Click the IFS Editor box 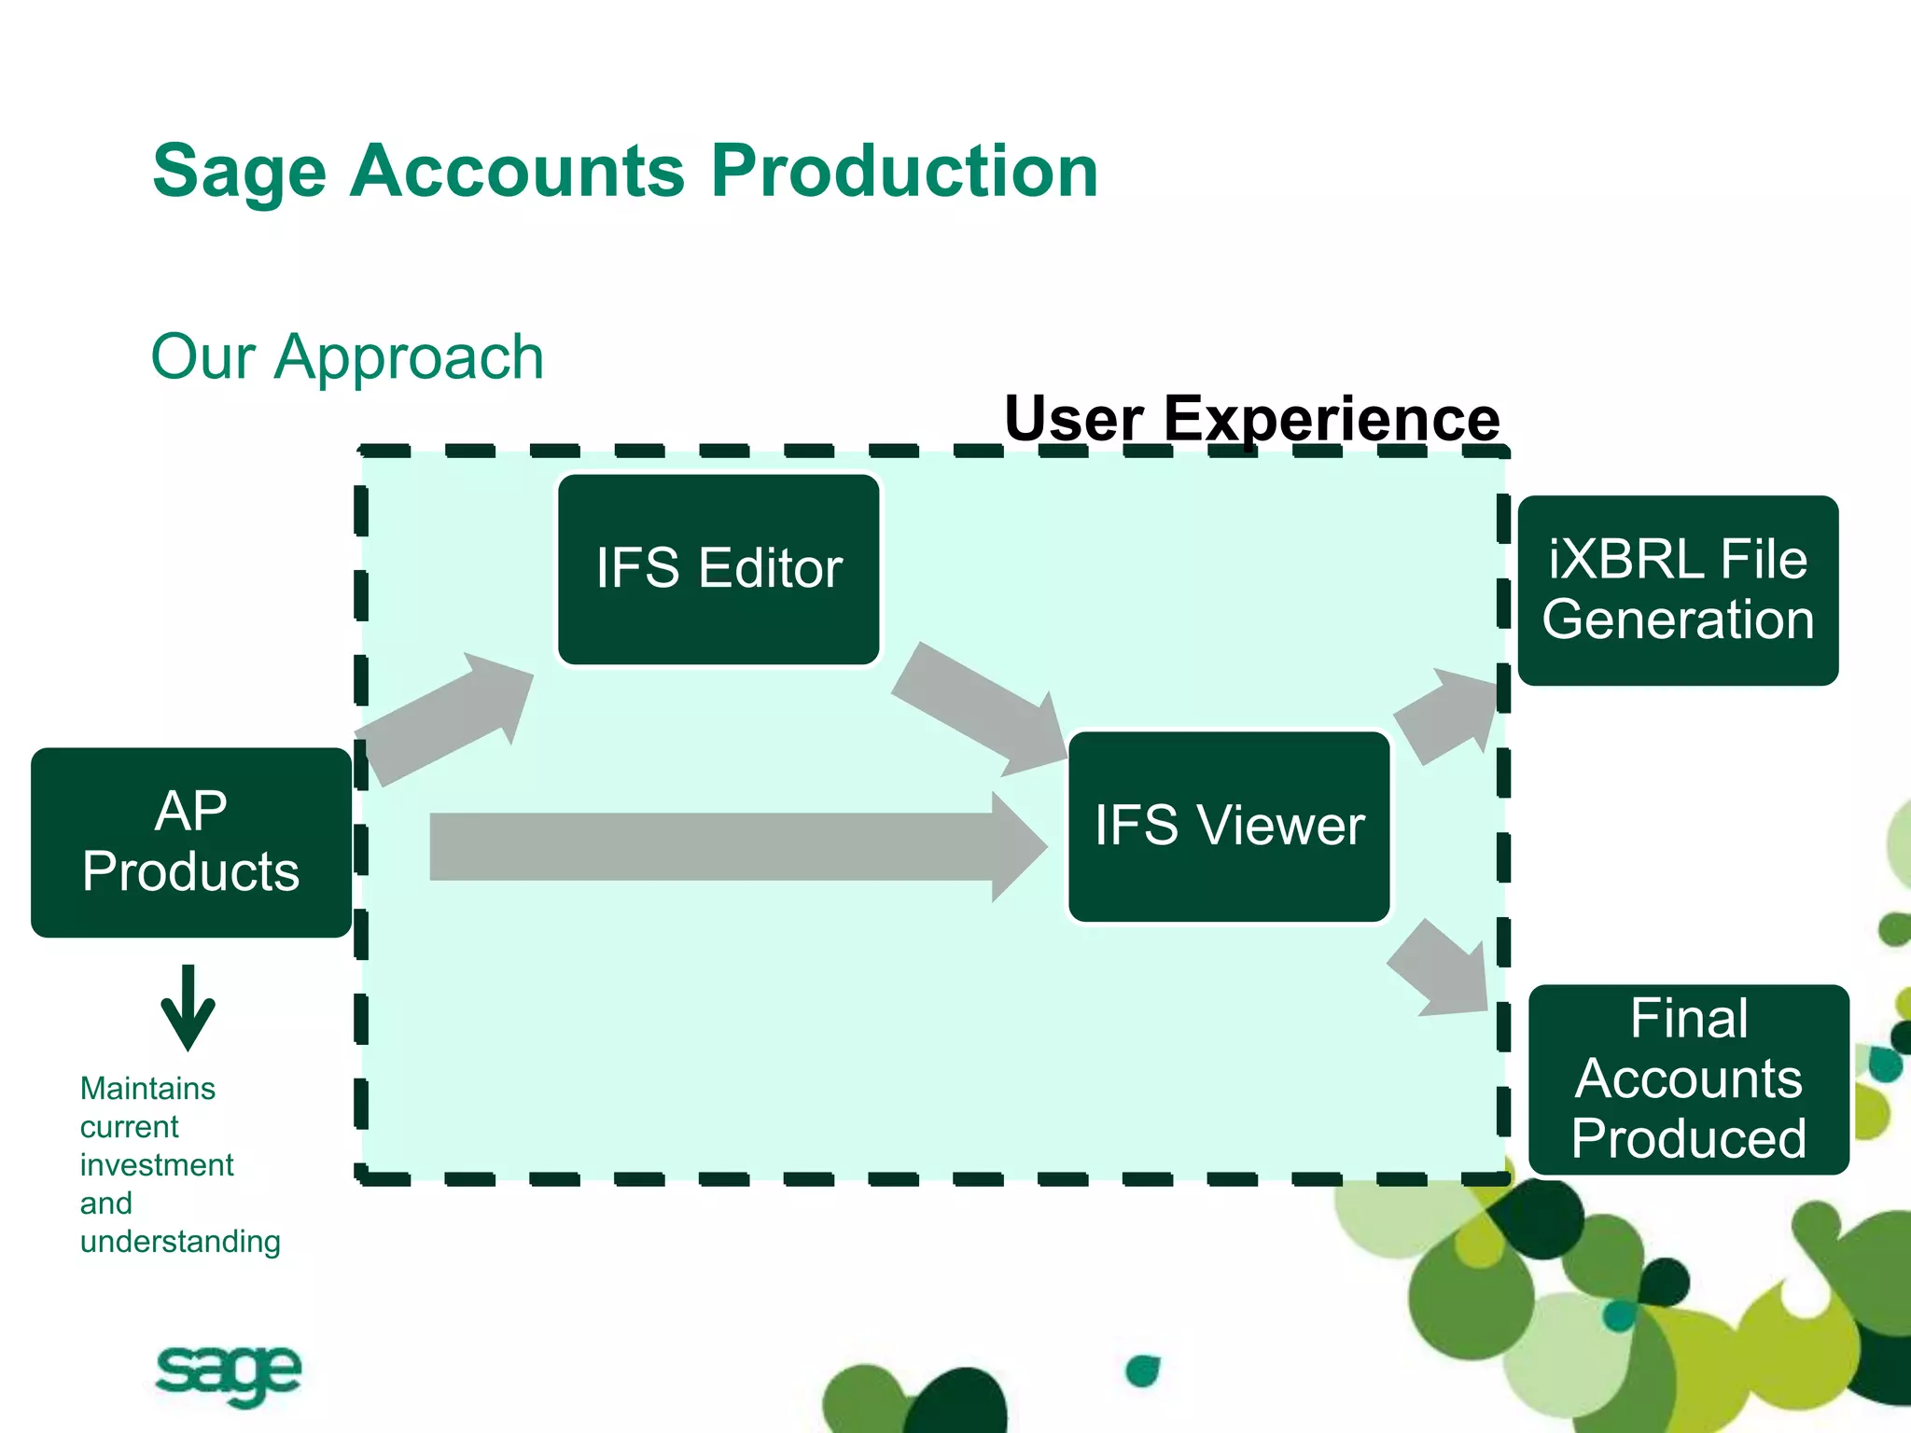[718, 569]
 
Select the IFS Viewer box [1229, 827]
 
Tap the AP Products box [191, 842]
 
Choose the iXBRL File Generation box [1678, 590]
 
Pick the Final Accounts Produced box [1688, 1078]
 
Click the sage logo [228, 1373]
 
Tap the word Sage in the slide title [239, 173]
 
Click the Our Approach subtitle [347, 356]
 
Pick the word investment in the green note [157, 1164]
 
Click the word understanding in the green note [180, 1242]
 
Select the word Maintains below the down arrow [147, 1088]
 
